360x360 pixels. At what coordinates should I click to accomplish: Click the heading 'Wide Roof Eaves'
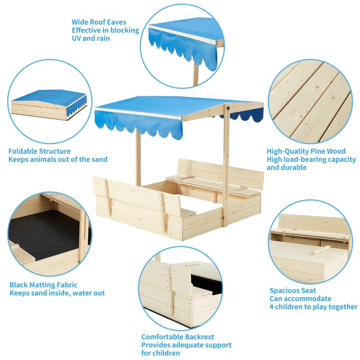click(99, 22)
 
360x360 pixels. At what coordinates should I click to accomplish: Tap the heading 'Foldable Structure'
click(40, 151)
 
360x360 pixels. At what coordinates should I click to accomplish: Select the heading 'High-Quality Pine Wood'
click(306, 151)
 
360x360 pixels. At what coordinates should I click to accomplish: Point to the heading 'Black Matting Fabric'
click(43, 285)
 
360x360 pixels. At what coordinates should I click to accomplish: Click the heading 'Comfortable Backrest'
click(178, 337)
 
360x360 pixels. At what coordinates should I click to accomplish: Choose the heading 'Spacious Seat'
click(293, 290)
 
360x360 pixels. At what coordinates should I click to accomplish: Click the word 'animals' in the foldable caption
click(43, 159)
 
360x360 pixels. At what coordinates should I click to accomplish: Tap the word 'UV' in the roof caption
click(76, 38)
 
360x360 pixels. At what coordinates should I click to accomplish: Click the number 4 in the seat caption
click(272, 307)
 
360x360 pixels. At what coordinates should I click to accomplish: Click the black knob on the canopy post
click(228, 107)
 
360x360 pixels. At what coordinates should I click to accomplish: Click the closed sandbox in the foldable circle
click(49, 104)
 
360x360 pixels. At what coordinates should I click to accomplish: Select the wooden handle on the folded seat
click(321, 250)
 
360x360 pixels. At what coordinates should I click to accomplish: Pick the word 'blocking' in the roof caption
click(125, 30)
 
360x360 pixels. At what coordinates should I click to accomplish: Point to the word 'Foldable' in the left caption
click(23, 151)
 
